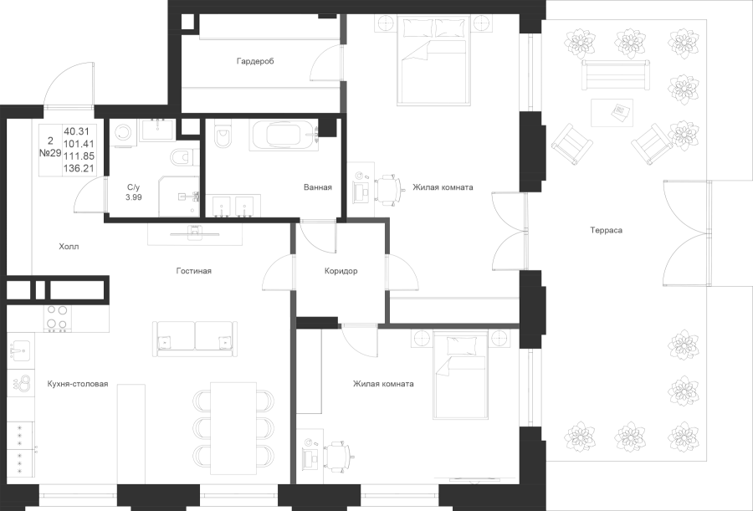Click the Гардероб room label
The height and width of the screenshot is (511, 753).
pyautogui.click(x=255, y=62)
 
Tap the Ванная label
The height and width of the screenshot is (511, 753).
pyautogui.click(x=317, y=187)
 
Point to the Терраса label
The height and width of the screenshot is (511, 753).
pyautogui.click(x=606, y=229)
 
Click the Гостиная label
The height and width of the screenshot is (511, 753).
pyautogui.click(x=194, y=271)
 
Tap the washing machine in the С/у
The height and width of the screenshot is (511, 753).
pyautogui.click(x=124, y=133)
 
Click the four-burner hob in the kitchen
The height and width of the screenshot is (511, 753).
pyautogui.click(x=57, y=318)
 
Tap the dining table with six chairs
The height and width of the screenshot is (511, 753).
pyautogui.click(x=233, y=427)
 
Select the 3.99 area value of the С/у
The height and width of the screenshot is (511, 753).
pyautogui.click(x=133, y=197)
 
